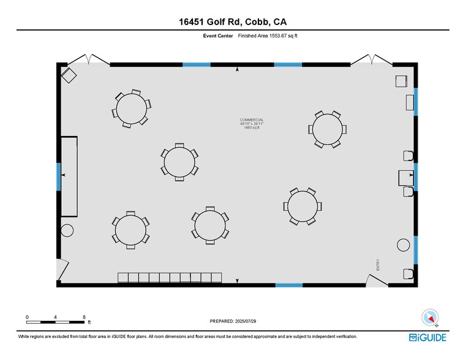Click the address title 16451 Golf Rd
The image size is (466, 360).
pos(233,23)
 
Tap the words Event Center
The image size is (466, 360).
pos(217,36)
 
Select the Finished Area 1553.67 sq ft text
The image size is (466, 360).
pos(268,36)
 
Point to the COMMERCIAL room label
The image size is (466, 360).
pos(252,119)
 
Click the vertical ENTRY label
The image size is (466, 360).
pos(378,264)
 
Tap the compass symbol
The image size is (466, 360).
pos(430,317)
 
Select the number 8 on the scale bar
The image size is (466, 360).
pos(84,317)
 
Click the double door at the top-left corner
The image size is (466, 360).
pos(89,60)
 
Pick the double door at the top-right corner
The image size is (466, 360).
pos(372,60)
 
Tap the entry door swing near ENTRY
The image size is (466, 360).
pos(375,279)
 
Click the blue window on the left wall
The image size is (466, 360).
pos(59,176)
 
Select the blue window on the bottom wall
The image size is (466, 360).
pos(288,285)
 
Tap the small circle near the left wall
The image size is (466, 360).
pos(67,230)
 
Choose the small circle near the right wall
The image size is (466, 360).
pos(403,245)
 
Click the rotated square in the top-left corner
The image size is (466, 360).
pos(69,76)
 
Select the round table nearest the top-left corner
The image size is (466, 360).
pos(132,108)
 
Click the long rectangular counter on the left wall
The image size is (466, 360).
pos(69,176)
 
